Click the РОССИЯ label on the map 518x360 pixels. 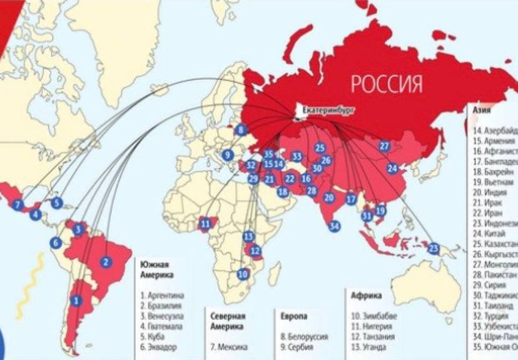tap(386, 83)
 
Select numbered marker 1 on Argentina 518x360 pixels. tap(76, 301)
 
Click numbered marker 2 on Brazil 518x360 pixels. tap(106, 262)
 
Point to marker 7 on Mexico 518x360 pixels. tap(17, 204)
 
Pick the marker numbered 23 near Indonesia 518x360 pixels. tap(433, 248)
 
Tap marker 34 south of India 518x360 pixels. tap(334, 226)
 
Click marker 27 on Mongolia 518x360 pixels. tap(384, 146)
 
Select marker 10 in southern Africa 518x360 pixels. tap(243, 274)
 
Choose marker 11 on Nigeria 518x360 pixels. tap(205, 223)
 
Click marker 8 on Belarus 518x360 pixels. tap(241, 130)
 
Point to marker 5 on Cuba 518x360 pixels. tap(57, 202)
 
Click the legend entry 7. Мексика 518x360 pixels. tap(228, 347)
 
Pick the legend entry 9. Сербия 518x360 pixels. tap(302, 347)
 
